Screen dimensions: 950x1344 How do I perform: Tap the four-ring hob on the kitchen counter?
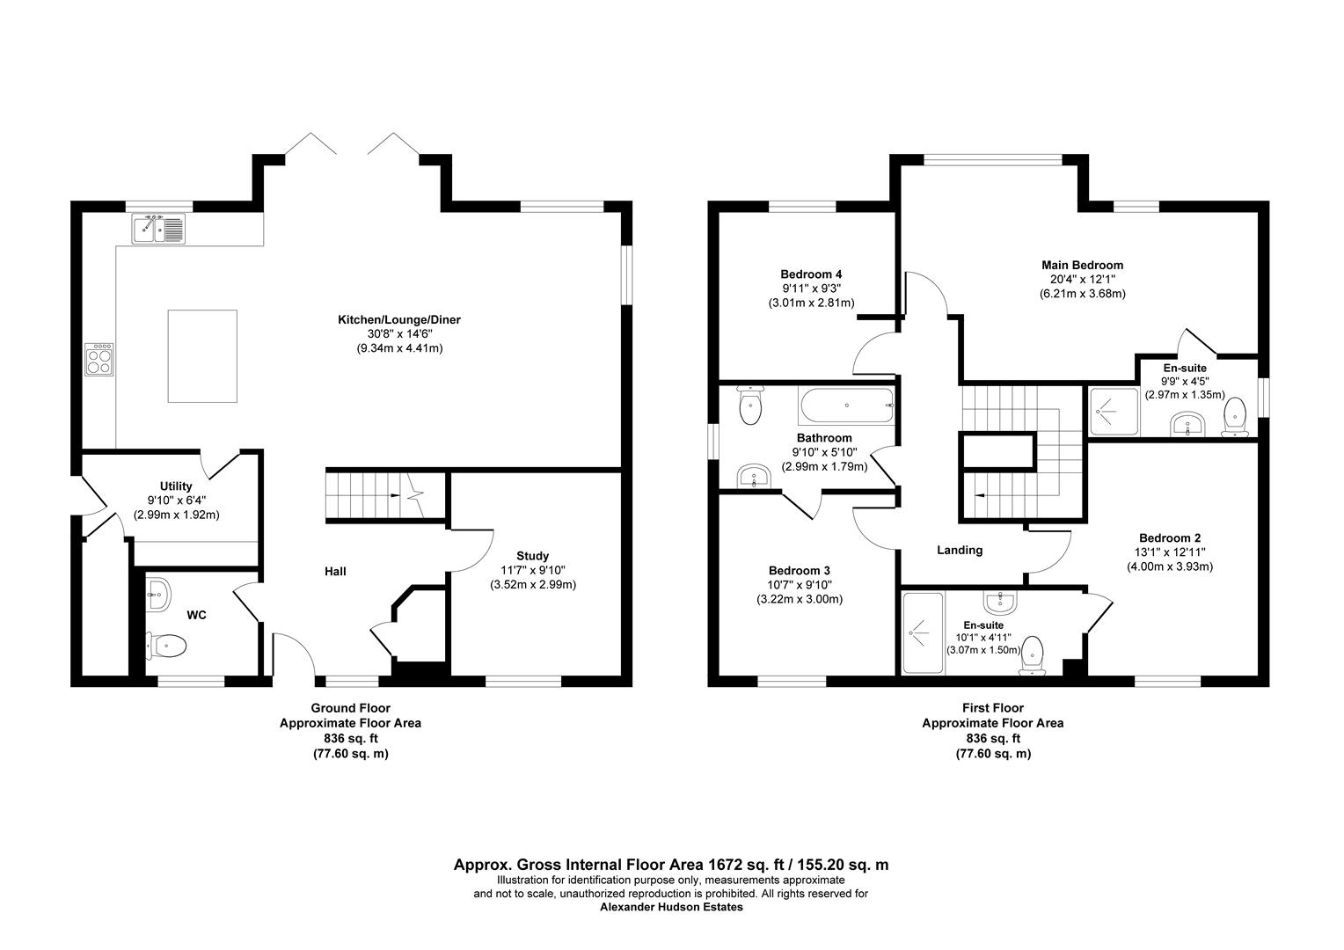(99, 359)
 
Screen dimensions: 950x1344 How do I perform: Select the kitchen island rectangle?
(202, 355)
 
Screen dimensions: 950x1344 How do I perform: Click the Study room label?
(532, 555)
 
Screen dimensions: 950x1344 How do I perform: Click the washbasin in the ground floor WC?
(157, 594)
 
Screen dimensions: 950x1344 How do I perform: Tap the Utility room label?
(176, 486)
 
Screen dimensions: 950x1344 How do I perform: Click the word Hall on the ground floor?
(335, 571)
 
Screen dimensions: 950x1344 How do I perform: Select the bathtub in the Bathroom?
(846, 406)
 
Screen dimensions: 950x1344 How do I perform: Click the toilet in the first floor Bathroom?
(750, 406)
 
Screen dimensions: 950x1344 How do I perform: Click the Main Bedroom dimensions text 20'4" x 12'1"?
(1082, 279)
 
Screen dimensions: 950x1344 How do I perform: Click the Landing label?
(959, 550)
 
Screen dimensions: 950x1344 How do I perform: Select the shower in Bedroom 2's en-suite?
(922, 632)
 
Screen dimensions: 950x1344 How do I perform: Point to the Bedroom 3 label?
(799, 570)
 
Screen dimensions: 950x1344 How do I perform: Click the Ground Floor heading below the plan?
(350, 707)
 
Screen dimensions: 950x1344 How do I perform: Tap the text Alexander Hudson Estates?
(671, 907)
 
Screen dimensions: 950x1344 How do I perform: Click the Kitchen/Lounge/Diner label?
(399, 319)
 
